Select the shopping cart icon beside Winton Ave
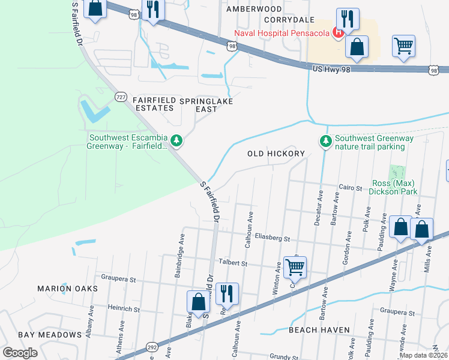(x=295, y=266)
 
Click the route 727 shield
(x=121, y=97)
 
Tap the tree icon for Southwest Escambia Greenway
(x=176, y=140)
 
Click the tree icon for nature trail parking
(x=325, y=141)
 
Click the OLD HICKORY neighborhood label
(x=277, y=154)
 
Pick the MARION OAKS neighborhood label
(x=67, y=289)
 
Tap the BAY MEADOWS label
(x=49, y=334)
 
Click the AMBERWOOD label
(x=254, y=9)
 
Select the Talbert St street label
(x=233, y=263)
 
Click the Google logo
(x=20, y=352)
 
